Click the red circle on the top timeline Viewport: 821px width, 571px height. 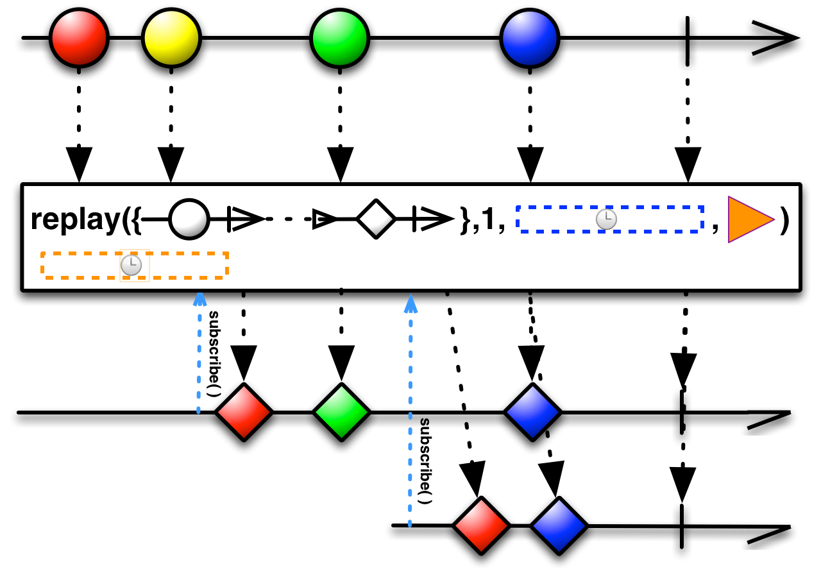click(79, 38)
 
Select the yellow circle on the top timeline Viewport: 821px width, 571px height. click(171, 38)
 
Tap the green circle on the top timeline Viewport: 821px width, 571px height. click(340, 38)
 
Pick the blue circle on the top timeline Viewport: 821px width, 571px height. click(530, 38)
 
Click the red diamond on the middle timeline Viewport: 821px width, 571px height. click(244, 412)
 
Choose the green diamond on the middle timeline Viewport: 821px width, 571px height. click(341, 412)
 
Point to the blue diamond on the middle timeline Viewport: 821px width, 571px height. click(532, 412)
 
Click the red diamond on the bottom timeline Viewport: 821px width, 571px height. click(481, 525)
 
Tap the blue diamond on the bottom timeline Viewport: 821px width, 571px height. click(559, 525)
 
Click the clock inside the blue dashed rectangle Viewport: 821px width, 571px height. click(606, 219)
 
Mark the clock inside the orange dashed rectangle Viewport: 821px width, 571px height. click(131, 266)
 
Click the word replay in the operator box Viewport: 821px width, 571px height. click(76, 220)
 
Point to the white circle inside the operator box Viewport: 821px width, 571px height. click(189, 219)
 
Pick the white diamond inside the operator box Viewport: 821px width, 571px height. click(376, 219)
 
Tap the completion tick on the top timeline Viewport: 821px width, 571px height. click(687, 38)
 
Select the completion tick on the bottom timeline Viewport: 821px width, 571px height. click(681, 526)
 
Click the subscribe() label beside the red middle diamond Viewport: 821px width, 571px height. click(214, 354)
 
